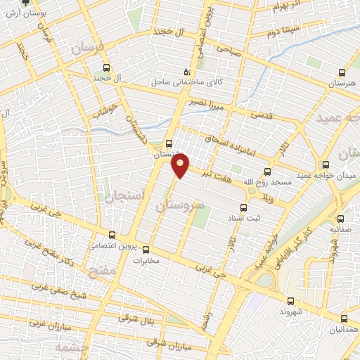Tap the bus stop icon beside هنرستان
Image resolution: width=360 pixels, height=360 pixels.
[x=342, y=72]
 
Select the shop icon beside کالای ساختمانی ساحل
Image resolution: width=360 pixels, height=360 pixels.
[x=186, y=71]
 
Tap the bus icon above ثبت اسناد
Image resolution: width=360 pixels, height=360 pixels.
[x=244, y=207]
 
